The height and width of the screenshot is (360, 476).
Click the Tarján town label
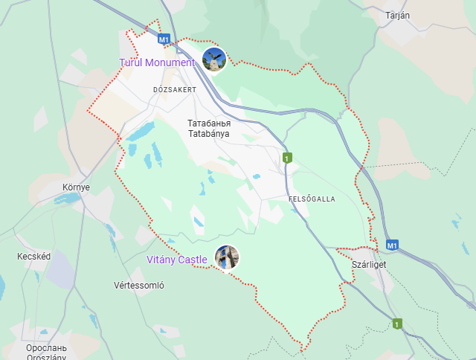coord(398,16)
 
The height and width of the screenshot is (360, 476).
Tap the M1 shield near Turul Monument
coord(164,39)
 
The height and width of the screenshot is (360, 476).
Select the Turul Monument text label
coord(157,62)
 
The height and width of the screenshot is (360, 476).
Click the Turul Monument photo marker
coord(214,60)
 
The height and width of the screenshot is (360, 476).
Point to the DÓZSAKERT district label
coord(174,89)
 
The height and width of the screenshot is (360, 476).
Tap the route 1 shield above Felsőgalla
coord(286,158)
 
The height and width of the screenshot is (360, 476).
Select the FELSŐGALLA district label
coord(312,199)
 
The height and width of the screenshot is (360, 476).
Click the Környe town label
coord(76,187)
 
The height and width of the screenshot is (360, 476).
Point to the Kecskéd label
coord(34,257)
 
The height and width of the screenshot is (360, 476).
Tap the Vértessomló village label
coord(139,285)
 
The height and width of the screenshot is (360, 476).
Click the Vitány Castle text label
coord(176,259)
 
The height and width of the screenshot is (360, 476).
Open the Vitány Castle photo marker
coord(227,257)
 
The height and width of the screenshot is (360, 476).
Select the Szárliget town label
coord(369,264)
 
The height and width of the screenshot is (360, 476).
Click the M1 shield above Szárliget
coord(392,244)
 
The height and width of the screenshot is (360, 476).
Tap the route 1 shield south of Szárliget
coord(397,324)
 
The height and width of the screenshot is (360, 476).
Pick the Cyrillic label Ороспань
coord(46,348)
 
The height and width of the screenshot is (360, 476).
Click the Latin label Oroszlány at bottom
coord(46,357)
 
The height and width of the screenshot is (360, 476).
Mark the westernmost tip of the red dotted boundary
coord(88,111)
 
